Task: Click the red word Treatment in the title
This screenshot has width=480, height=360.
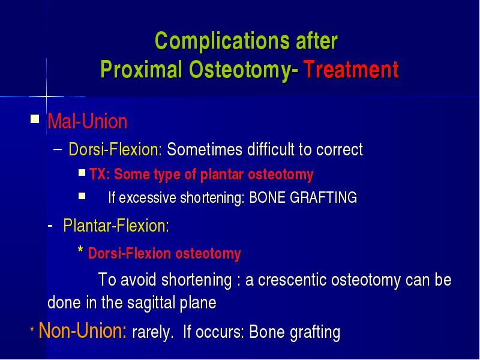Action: click(351, 70)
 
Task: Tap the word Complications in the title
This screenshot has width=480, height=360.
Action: click(223, 41)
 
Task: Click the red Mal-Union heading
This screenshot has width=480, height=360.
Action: click(87, 121)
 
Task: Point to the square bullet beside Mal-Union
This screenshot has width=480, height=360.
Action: click(35, 118)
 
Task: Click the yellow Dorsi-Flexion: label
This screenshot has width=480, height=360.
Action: click(115, 149)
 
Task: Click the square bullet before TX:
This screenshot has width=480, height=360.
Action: click(82, 173)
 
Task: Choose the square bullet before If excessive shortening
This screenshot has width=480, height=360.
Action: click(82, 196)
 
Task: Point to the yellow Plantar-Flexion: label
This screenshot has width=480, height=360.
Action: click(116, 226)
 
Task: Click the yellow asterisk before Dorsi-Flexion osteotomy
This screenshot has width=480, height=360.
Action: click(80, 250)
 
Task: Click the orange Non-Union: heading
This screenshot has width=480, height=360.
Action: click(83, 331)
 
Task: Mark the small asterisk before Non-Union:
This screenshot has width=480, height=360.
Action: click(32, 329)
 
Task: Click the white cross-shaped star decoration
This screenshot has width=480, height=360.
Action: click(47, 97)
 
